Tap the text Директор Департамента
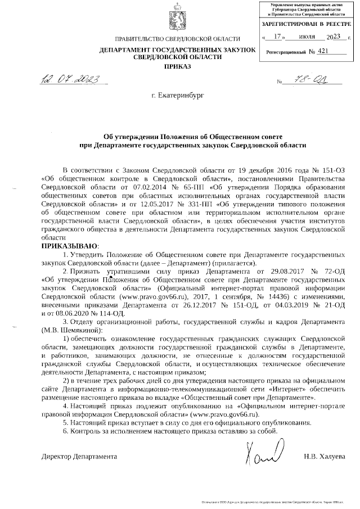[79, 456]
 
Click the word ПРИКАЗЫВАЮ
[71, 246]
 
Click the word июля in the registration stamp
[307, 38]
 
